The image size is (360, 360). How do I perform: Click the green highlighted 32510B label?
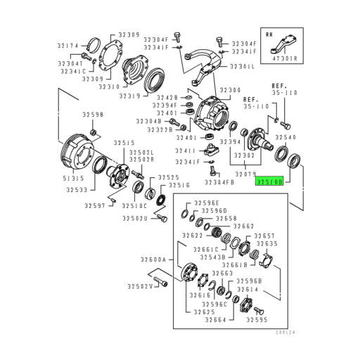269,181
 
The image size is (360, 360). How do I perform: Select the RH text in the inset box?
269,34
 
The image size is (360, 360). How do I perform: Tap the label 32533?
77,190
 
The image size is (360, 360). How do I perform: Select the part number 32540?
290,138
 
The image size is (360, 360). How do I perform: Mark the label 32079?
244,172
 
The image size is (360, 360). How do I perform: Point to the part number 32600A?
155,259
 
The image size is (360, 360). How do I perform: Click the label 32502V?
141,286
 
